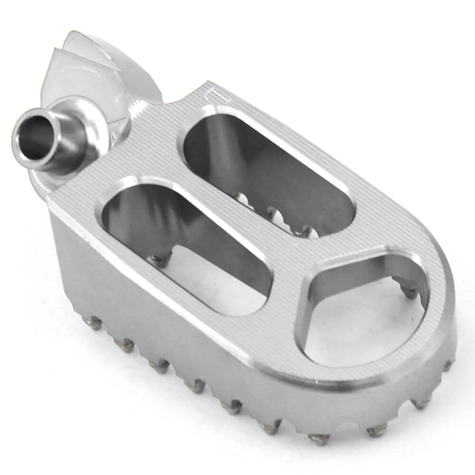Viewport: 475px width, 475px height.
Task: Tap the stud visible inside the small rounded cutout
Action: [x=409, y=291]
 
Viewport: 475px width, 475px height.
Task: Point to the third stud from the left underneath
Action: [x=159, y=365]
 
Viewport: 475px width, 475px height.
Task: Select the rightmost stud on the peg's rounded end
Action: [x=447, y=365]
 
